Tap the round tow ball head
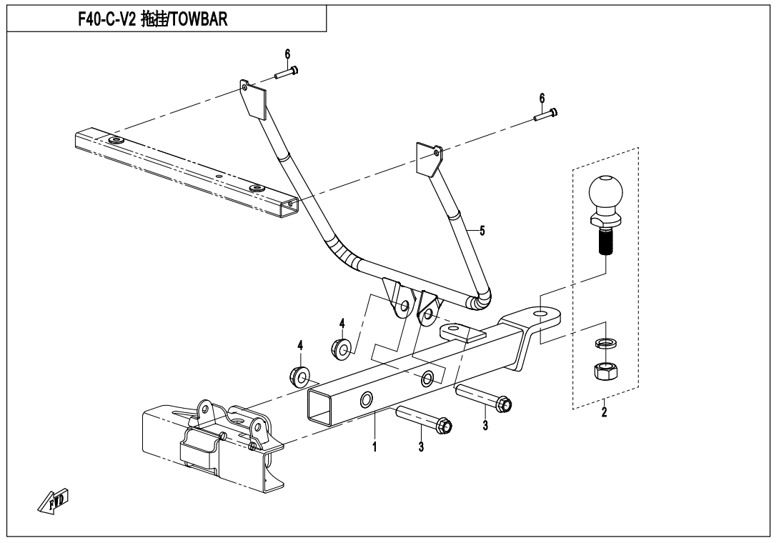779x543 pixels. pos(605,192)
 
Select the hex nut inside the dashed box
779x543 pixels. pos(605,371)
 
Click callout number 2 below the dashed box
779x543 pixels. pos(605,413)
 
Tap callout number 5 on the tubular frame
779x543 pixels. pos(482,231)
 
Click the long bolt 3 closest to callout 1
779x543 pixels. pos(421,421)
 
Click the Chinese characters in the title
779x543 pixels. pos(152,20)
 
